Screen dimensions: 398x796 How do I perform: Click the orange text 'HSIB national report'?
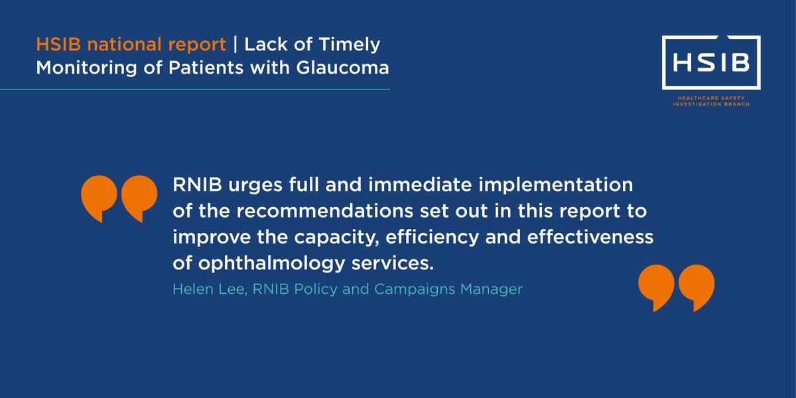[x=131, y=46]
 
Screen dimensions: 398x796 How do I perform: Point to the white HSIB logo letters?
[x=710, y=63]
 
